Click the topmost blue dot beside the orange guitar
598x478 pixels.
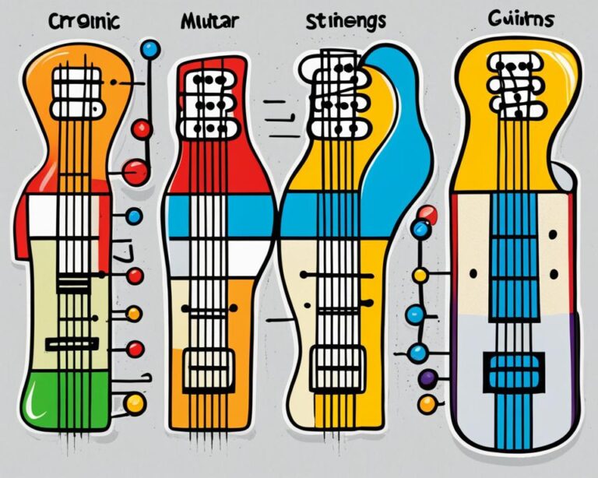(x=149, y=50)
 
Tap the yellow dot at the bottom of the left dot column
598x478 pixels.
(x=135, y=402)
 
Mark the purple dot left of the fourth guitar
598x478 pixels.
(x=427, y=379)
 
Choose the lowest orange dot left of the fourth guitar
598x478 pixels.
(x=427, y=404)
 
